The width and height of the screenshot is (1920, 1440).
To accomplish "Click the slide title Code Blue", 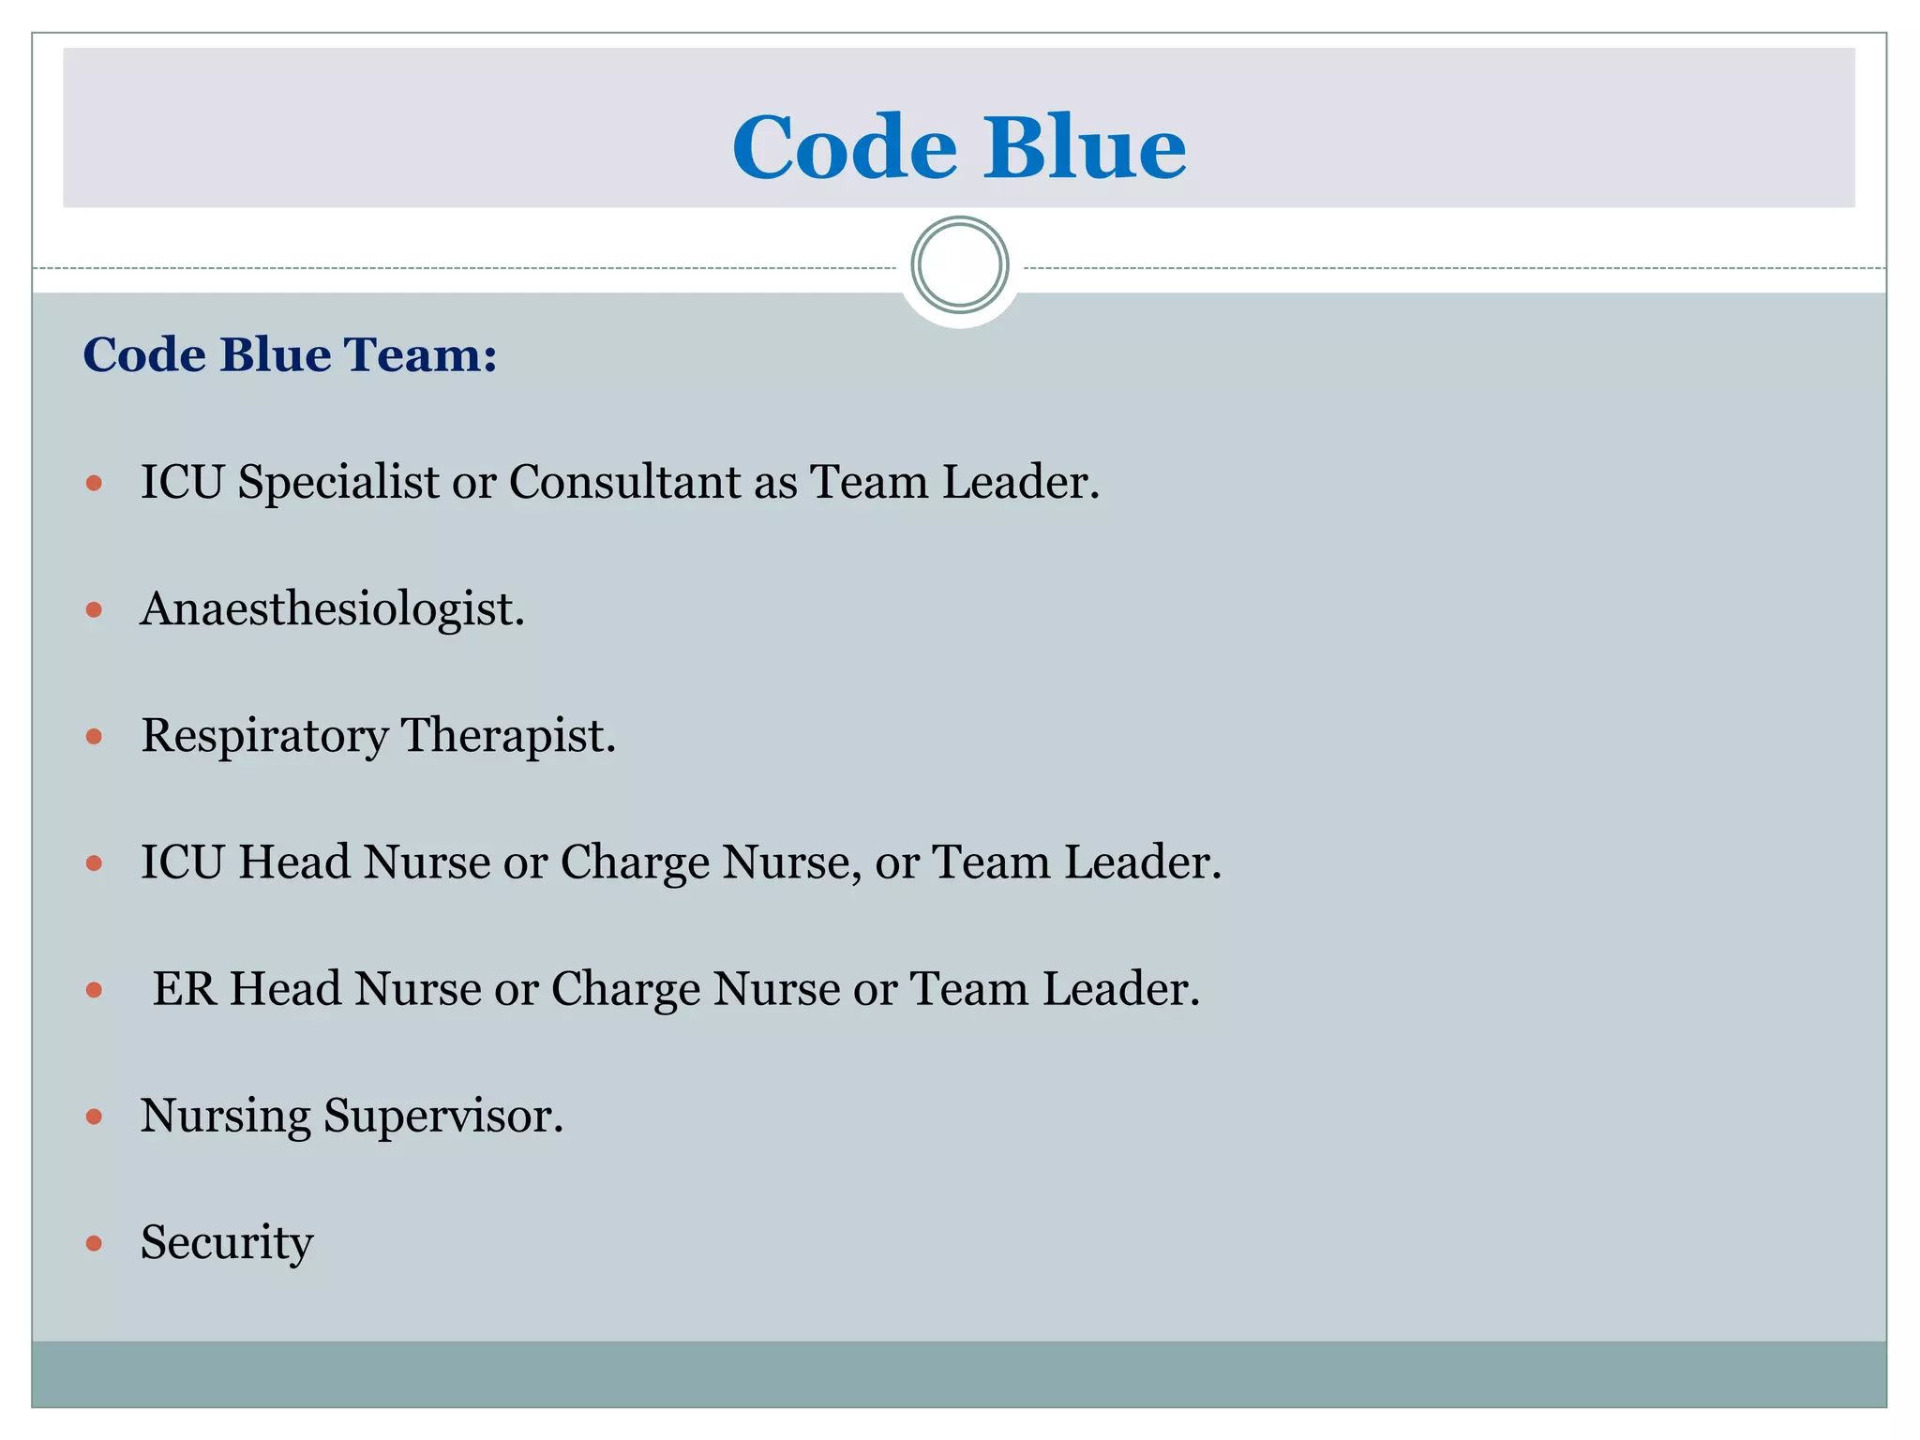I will pos(958,147).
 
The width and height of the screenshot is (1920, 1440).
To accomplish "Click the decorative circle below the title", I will pos(959,265).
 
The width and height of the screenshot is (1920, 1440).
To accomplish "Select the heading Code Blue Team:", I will pos(290,355).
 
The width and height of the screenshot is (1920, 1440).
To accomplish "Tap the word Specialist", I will pos(337,484).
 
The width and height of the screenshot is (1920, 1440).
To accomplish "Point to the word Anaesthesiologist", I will pos(332,609).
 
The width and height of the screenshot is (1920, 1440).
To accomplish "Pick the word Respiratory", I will pos(264,737).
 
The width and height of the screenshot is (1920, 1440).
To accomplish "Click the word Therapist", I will pos(508,737).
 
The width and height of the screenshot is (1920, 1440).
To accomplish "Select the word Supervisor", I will pos(442,1117).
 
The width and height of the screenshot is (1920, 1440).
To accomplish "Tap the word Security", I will pos(227,1243).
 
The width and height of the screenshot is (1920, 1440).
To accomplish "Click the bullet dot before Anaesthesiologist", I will pos(94,610).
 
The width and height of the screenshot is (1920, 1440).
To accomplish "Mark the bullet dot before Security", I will pos(94,1244).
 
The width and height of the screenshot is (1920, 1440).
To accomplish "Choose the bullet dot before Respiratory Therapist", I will pos(94,737).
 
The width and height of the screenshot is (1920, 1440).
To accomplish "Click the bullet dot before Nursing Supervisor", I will pos(94,1117).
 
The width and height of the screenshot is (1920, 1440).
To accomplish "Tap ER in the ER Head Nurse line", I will pos(184,989).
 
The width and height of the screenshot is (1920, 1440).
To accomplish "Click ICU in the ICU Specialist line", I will pos(182,483).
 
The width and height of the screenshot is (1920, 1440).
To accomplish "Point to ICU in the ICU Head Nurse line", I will pos(182,862).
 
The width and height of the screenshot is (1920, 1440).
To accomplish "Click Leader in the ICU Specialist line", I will pos(1020,483).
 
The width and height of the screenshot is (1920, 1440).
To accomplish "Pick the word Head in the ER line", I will pos(285,989).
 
